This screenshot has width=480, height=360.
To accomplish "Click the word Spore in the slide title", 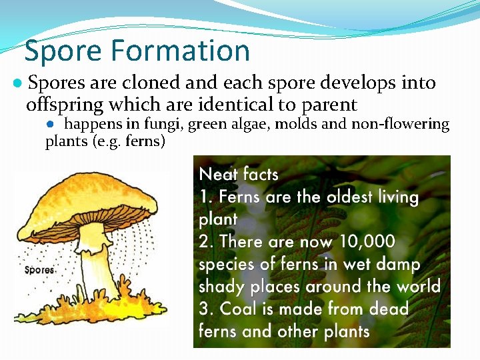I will click(63, 51).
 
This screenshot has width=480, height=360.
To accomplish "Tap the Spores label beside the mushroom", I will click(39, 270).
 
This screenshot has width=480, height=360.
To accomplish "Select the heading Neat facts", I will click(239, 175).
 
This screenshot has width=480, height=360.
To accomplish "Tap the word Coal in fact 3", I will click(238, 309).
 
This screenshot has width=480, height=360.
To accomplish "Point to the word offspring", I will click(65, 105).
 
